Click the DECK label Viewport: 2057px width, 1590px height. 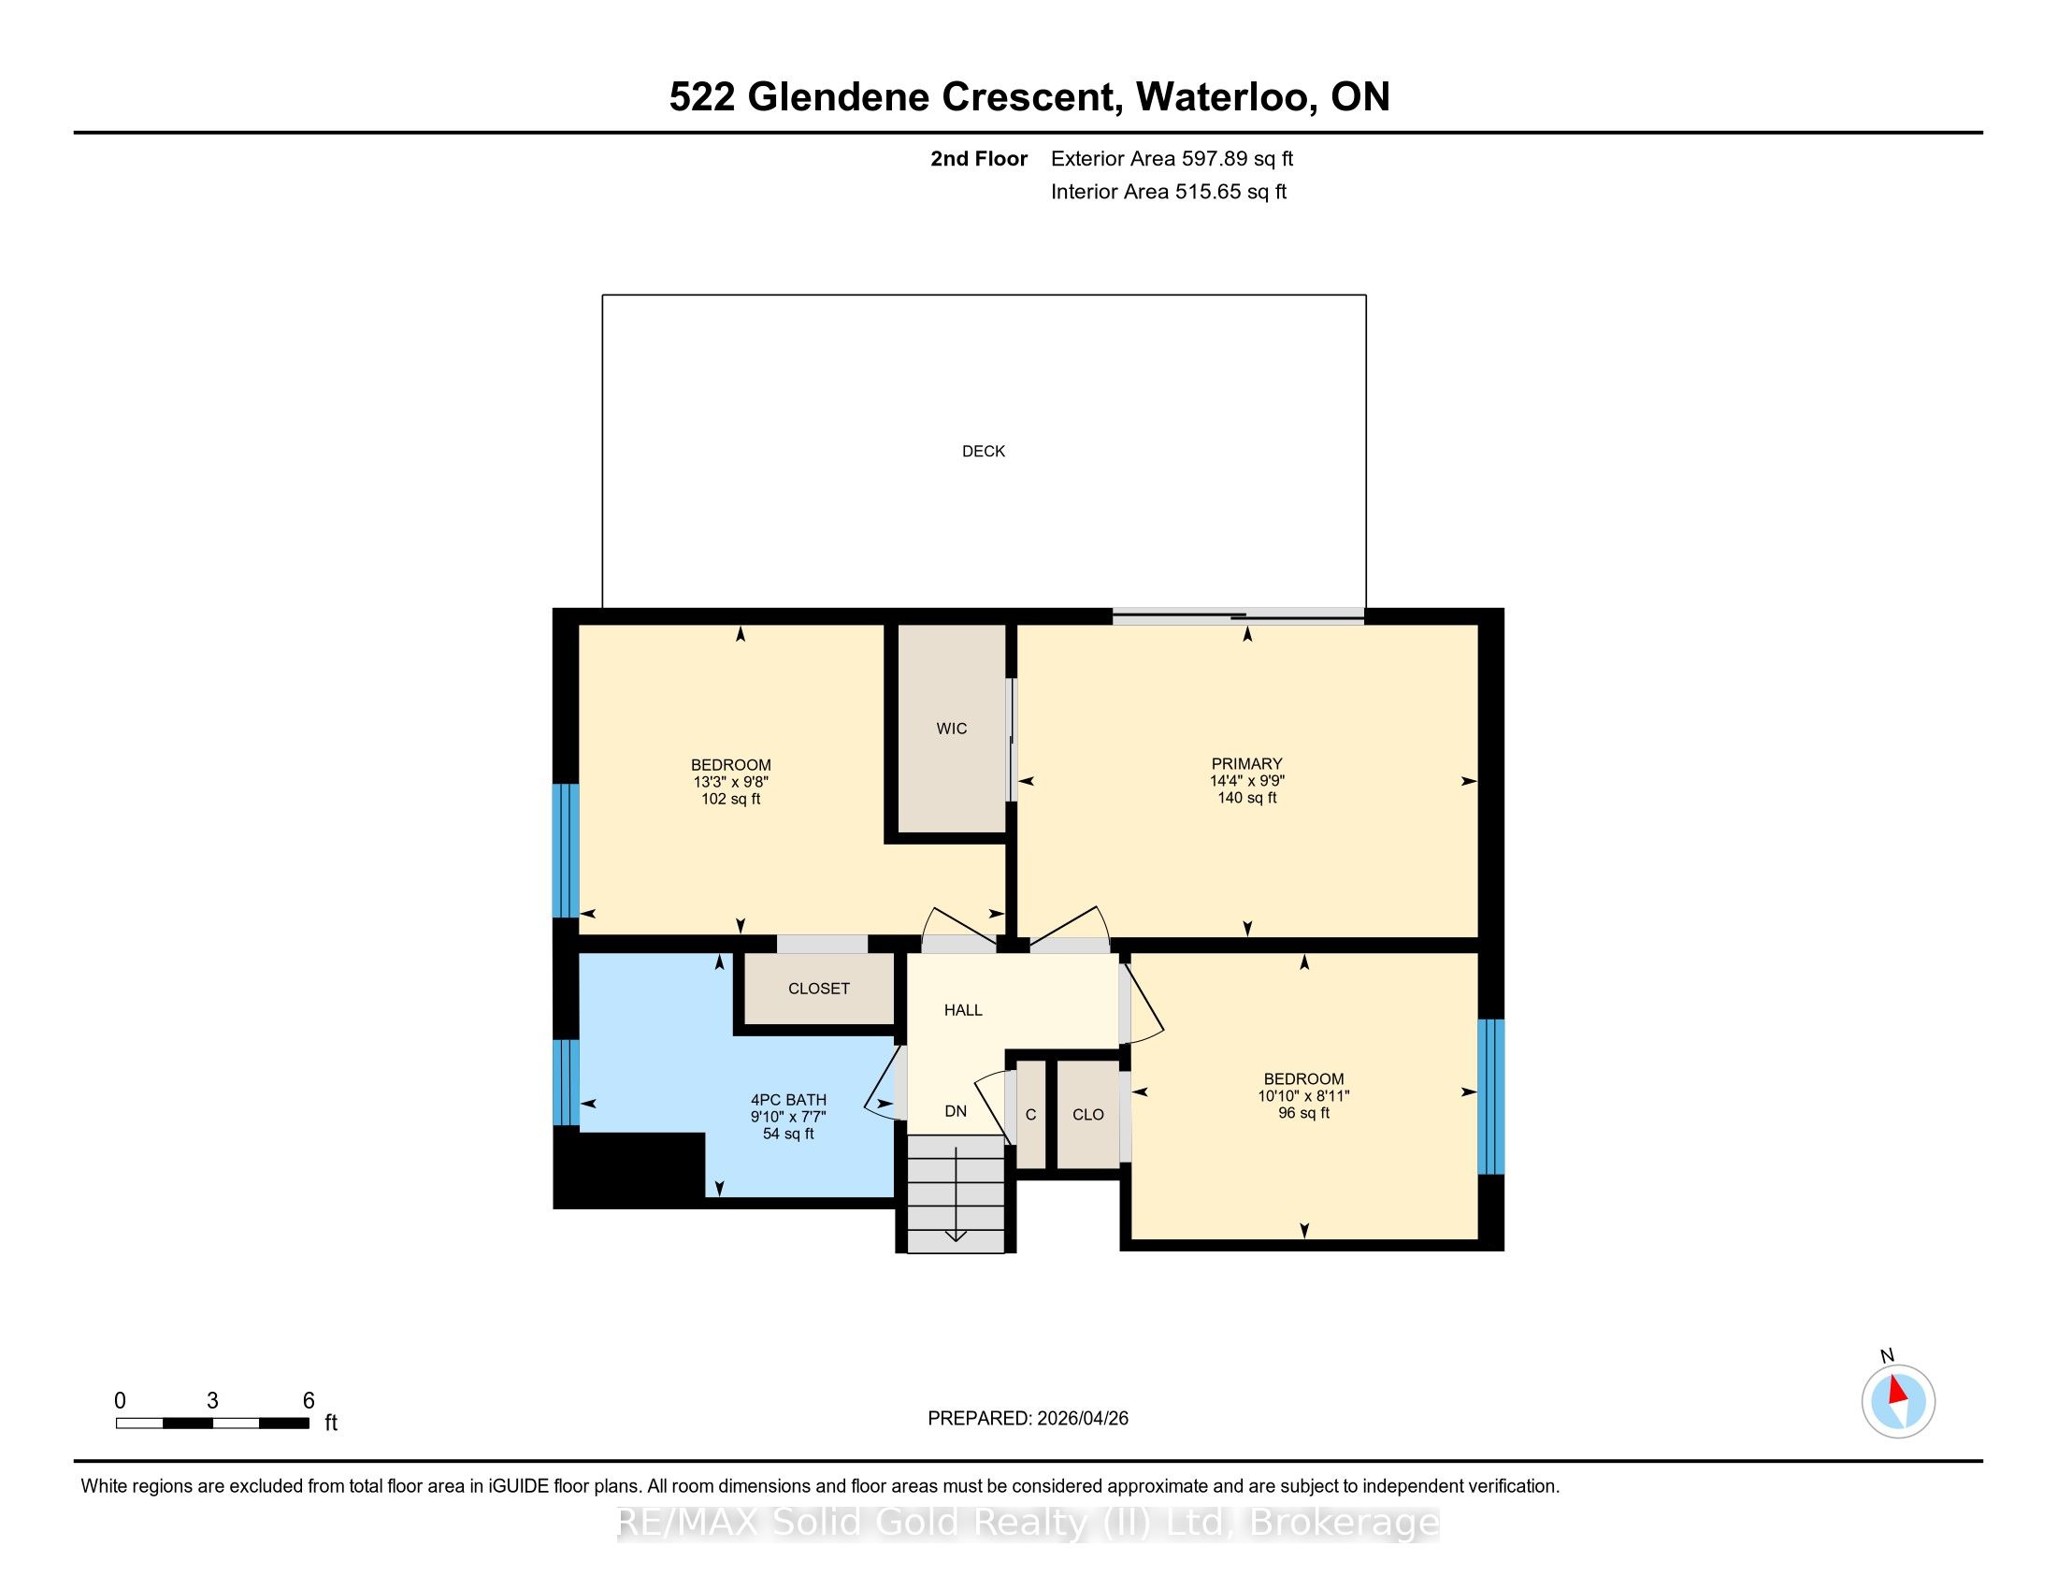pos(984,451)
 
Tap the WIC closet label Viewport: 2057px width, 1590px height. pos(951,728)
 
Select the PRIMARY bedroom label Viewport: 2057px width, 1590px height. pos(1247,764)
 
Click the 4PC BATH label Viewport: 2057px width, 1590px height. pos(788,1099)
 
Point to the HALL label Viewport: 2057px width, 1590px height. pos(963,1010)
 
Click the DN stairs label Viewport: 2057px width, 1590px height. pos(956,1110)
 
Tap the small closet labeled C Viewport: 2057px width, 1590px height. pos(1030,1114)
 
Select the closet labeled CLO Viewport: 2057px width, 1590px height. pos(1087,1114)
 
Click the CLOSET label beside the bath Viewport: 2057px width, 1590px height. pos(818,988)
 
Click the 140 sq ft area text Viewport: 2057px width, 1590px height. pos(1247,798)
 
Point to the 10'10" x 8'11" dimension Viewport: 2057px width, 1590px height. pos(1303,1095)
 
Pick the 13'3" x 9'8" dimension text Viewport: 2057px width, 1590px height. pos(731,782)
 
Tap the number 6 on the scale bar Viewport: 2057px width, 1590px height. pos(308,1400)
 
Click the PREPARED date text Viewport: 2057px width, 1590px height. pos(1028,1418)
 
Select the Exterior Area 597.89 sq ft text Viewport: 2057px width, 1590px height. pos(1172,158)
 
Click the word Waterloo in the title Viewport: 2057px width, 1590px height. pos(1227,97)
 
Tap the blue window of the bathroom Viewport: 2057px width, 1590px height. pos(565,1082)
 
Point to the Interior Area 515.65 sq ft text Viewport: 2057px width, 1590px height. pos(1168,192)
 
